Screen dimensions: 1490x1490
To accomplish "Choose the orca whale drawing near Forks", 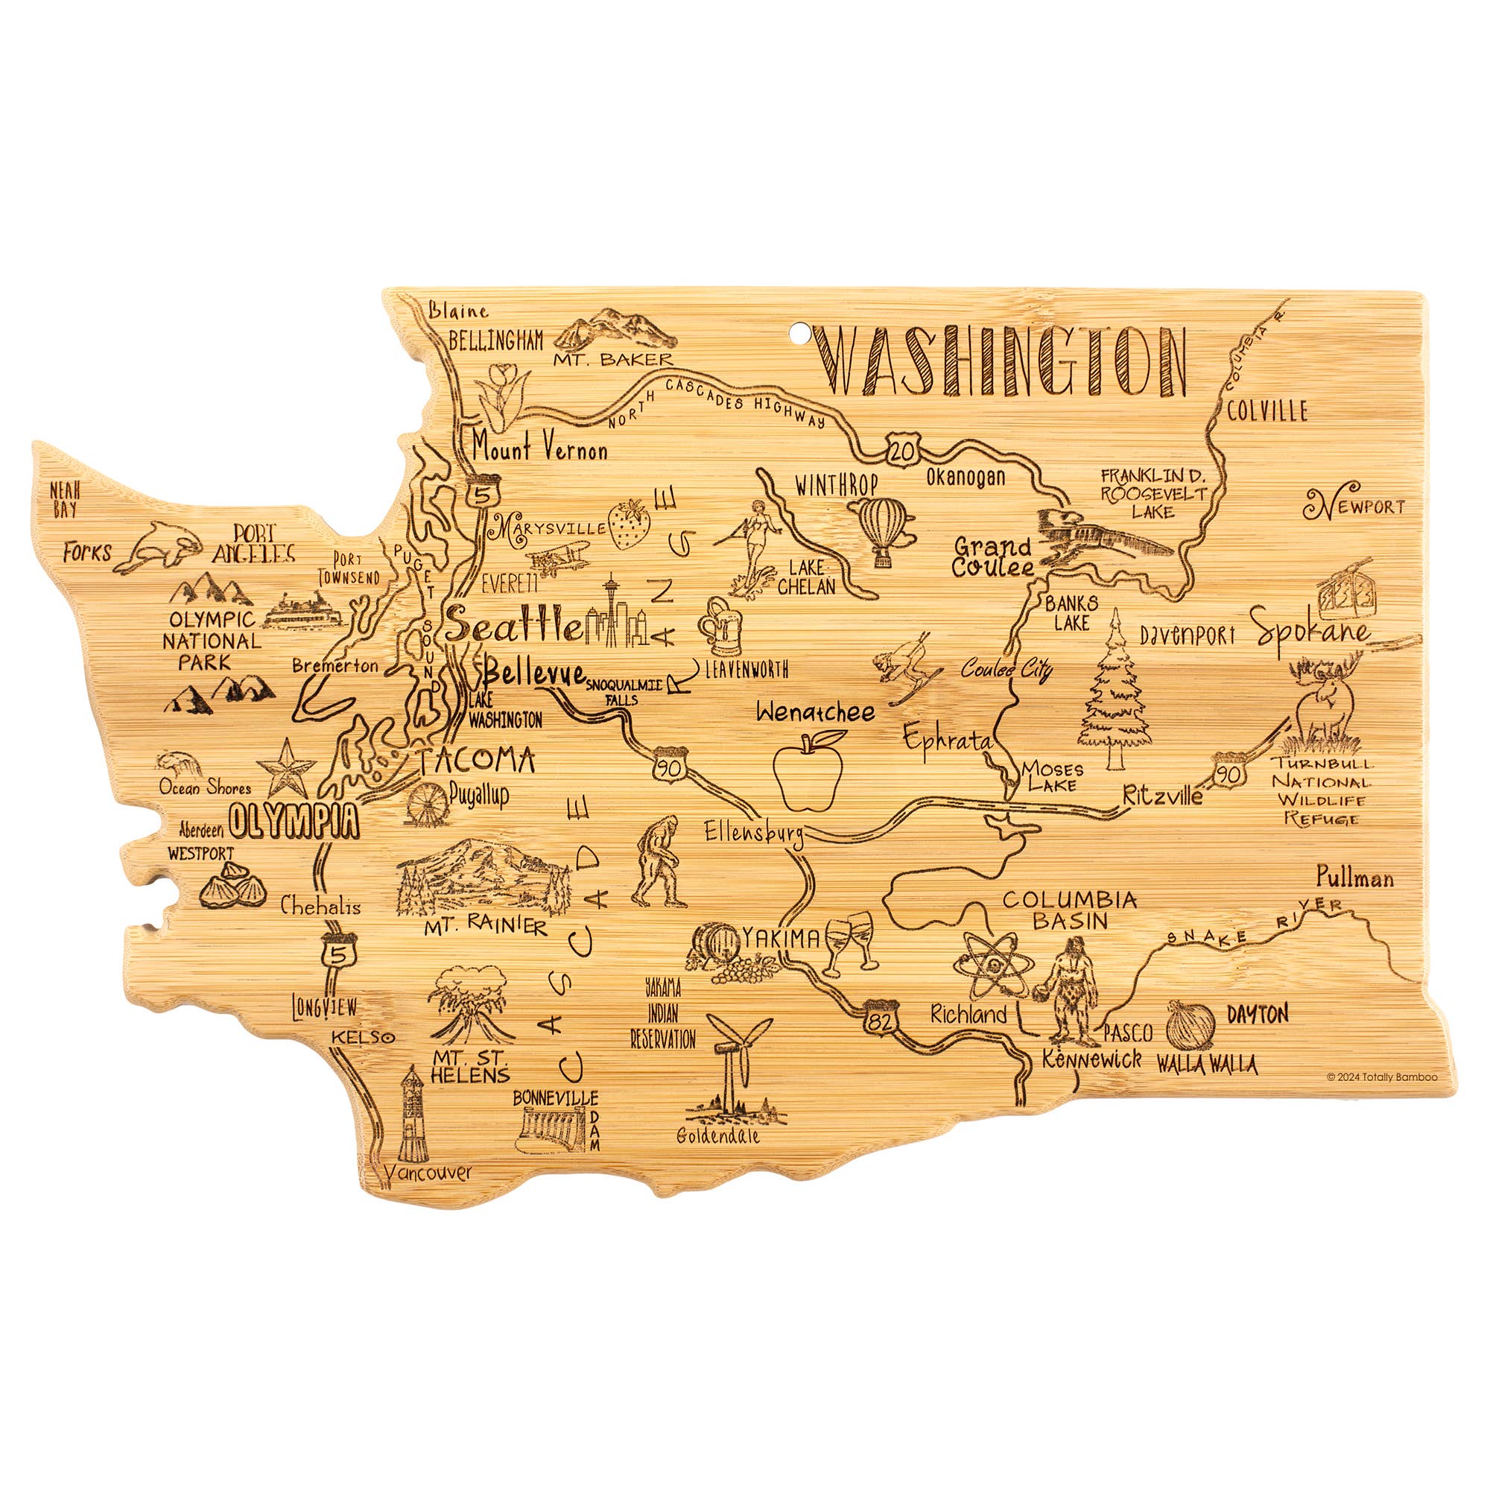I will (165, 545).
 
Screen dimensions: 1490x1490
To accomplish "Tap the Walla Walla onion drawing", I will (1191, 1024).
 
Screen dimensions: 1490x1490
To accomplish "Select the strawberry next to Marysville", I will (629, 524).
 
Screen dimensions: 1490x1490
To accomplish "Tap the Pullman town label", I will (1354, 878).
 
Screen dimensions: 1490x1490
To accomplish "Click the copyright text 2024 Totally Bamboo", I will (1381, 1077).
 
